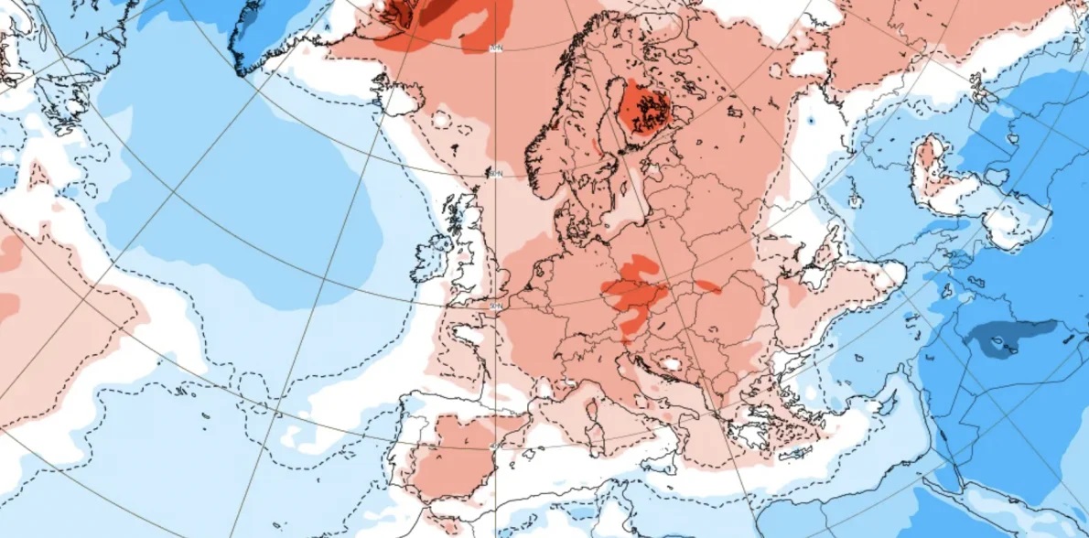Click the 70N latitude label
[x=497, y=47]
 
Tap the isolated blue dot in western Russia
[x=811, y=120]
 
